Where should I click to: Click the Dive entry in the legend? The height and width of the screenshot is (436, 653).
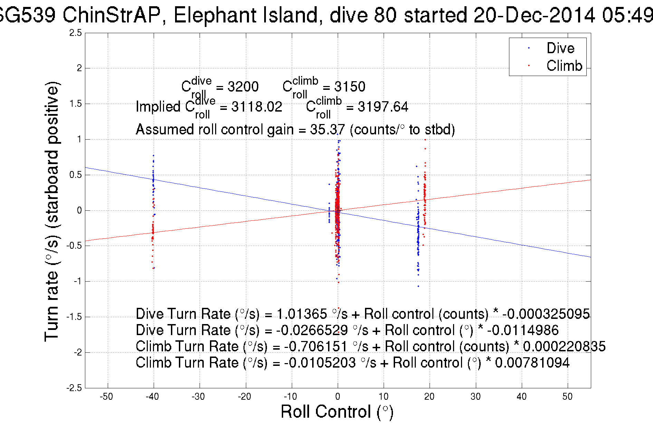pos(560,48)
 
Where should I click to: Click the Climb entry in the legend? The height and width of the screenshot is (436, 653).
pos(564,66)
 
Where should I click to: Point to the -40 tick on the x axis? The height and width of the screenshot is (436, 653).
pos(152,396)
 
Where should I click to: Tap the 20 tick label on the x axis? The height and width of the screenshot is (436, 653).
pos(429,396)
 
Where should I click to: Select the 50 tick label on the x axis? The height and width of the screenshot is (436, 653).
pos(567,396)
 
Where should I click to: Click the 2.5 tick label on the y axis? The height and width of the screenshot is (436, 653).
pos(76,33)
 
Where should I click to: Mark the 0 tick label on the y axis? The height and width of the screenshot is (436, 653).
pos(79,210)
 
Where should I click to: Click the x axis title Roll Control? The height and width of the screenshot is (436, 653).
pos(337,412)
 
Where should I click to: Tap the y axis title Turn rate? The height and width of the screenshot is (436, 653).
pos(52,211)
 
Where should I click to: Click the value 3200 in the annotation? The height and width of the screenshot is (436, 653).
pos(243,87)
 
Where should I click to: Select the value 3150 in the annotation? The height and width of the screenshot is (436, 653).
pos(349,87)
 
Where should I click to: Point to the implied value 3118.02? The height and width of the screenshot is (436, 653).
pos(257,107)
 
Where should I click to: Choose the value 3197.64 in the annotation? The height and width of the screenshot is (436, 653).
pos(383,107)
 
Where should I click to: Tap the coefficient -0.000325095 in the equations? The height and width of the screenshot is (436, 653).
pos(546,314)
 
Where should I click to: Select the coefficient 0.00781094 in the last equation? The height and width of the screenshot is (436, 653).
pos(532,363)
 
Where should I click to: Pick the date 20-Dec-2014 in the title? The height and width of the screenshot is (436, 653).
pos(534,15)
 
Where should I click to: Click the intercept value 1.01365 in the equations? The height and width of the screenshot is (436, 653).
pos(301,314)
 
